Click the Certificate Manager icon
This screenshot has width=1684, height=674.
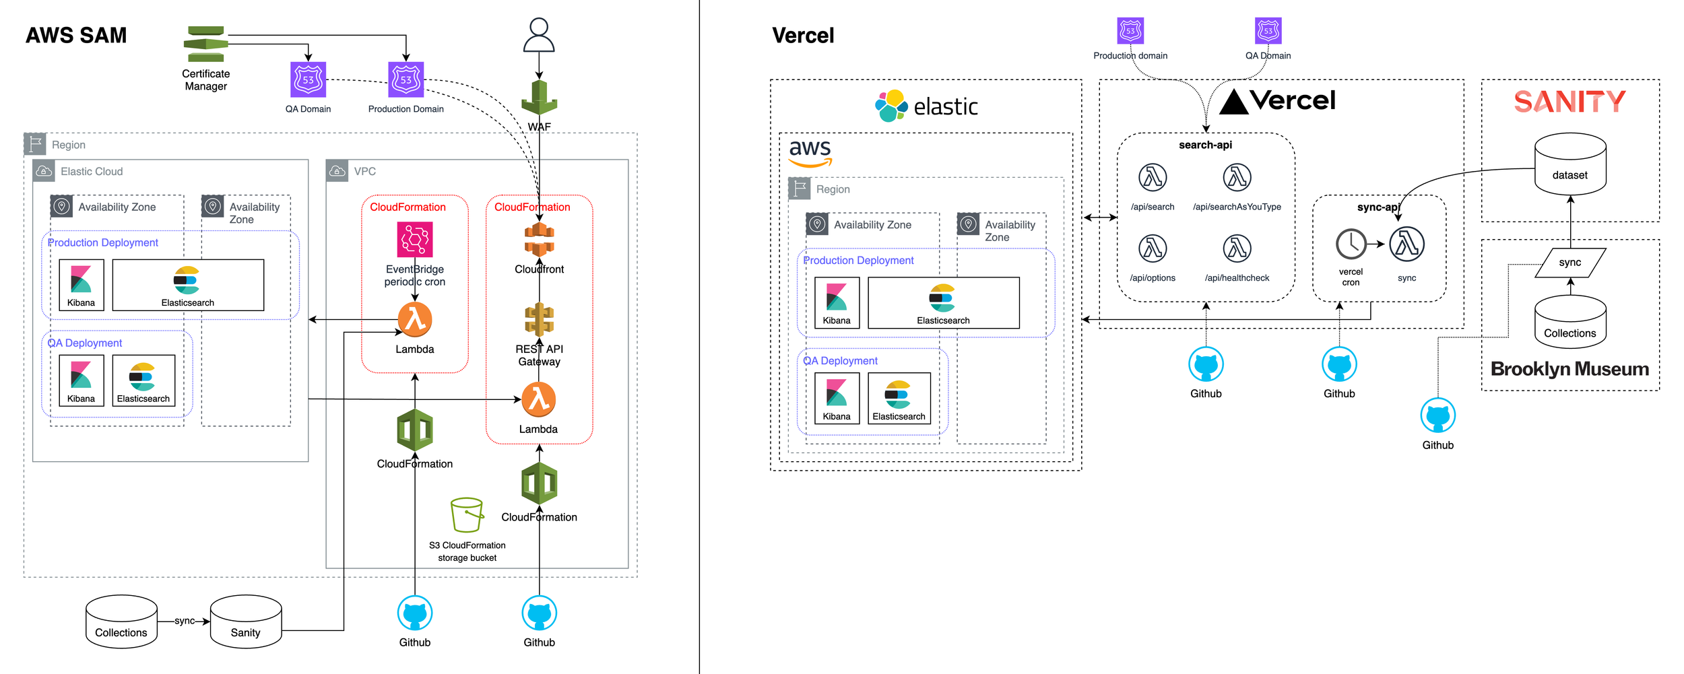(206, 44)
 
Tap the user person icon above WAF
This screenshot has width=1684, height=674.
(539, 36)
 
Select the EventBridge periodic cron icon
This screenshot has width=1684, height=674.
(415, 240)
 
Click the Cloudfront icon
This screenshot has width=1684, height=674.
(539, 240)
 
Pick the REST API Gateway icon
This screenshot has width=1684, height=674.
(539, 320)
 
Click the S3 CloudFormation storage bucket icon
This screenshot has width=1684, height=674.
(467, 515)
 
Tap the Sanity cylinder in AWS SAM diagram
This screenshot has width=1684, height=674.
(246, 621)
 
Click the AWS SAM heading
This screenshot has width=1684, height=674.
(76, 35)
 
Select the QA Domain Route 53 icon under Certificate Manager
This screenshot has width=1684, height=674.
(308, 79)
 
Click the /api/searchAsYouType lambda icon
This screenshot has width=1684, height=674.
(1237, 178)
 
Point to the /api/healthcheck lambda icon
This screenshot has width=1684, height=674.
(1237, 248)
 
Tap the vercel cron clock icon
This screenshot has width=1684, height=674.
(1351, 244)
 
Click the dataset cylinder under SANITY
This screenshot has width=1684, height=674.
(1570, 164)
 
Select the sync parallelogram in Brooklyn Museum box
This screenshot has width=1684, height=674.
(1570, 263)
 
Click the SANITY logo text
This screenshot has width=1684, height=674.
(1569, 102)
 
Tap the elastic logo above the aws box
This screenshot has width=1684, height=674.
(926, 106)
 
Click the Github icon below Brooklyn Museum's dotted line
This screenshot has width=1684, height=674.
(1437, 415)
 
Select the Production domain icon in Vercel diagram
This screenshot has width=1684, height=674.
(1130, 31)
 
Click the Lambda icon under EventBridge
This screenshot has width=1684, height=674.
(415, 320)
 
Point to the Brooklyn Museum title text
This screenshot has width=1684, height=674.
(1569, 369)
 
